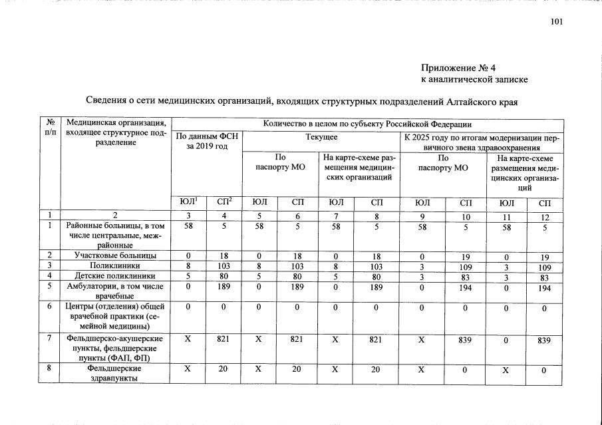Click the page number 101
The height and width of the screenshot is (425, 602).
pos(557,22)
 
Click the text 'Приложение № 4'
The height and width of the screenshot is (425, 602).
pos(458,68)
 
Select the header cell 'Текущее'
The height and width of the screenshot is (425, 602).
pos(321,136)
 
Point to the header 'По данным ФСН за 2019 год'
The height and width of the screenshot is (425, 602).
pos(206,141)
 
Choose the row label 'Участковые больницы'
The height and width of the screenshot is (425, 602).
pos(116,255)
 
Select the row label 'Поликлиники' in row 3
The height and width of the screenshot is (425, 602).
pos(116,265)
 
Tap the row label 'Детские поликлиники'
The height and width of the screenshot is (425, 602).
pos(116,275)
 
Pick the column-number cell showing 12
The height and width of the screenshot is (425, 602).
pos(545,217)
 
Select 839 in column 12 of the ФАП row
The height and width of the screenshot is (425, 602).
pos(545,340)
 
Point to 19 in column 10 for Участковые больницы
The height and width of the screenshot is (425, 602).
pos(465,255)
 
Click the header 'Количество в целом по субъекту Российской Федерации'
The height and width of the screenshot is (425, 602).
pos(367,124)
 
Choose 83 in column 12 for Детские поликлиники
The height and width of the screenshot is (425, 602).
pos(545,276)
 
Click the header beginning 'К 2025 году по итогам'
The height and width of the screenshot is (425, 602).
pos(482,142)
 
